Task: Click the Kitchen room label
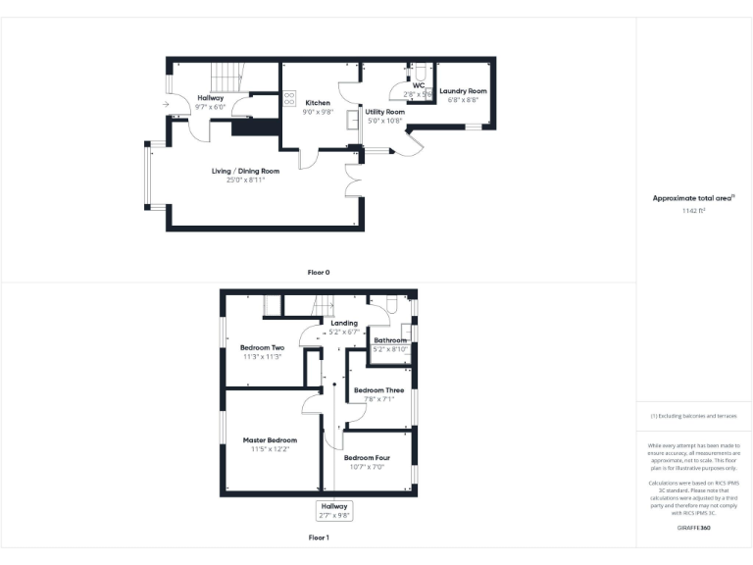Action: coord(318,103)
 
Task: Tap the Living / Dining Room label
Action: coord(245,172)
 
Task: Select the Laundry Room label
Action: coord(463,91)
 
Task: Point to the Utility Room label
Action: coord(385,112)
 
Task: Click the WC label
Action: coord(418,86)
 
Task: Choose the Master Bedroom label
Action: coord(270,440)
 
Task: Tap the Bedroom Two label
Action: coord(262,347)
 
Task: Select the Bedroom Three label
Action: coord(378,390)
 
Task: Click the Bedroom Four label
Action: coord(367,458)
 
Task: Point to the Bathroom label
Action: coord(390,340)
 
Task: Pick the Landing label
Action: coord(344,323)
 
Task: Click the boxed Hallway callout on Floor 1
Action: coord(334,510)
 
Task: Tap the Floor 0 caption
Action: coord(319,271)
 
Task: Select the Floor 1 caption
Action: coord(319,538)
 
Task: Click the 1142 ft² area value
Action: coord(693,211)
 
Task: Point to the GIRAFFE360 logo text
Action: coord(693,528)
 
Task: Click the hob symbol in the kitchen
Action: coord(289,98)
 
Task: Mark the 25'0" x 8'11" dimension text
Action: coord(245,180)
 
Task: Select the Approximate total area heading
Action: coord(693,198)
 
